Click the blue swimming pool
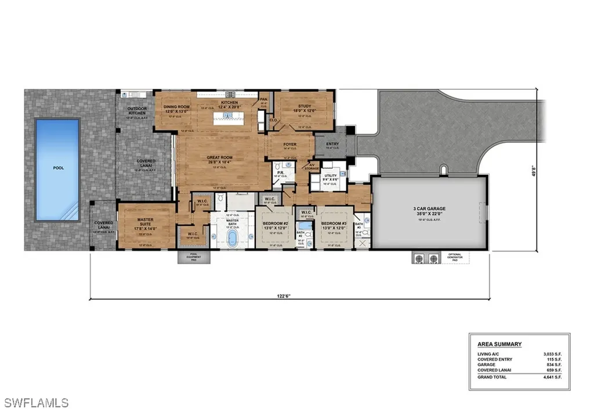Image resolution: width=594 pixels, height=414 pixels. point(57,169)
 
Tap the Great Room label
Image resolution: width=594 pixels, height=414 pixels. point(220,157)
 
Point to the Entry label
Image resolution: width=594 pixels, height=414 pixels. point(333,144)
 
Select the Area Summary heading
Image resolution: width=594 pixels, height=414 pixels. point(495,344)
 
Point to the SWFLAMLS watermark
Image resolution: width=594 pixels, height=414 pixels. point(36,402)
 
